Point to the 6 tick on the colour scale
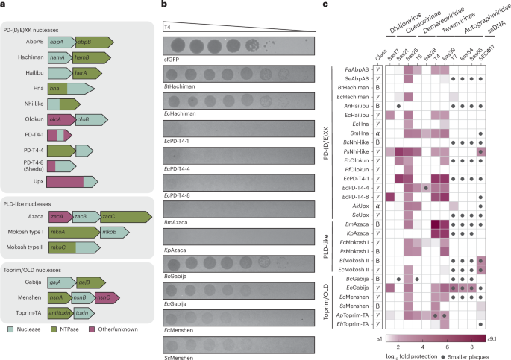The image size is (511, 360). pyautogui.click(x=450, y=347)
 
